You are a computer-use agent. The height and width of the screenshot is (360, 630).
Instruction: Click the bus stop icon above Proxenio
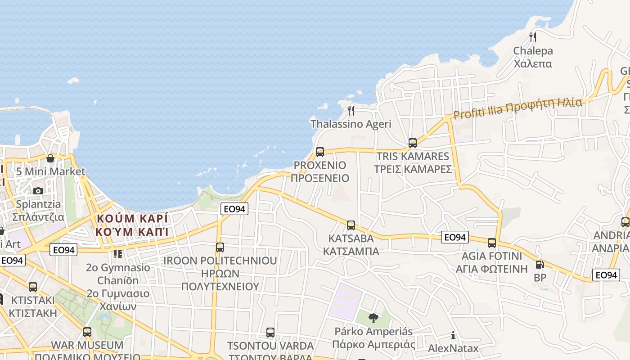(320, 152)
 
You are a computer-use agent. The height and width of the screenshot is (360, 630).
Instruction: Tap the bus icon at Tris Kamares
(413, 143)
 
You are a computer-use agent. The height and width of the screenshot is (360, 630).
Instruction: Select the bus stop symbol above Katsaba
(351, 225)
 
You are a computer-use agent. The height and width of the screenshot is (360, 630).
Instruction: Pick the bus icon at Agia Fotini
(492, 243)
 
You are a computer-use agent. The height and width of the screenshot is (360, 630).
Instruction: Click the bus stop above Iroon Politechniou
(220, 247)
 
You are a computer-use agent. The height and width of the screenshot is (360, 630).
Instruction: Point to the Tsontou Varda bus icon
(270, 333)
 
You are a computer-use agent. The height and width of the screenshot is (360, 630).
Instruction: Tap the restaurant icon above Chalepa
(533, 37)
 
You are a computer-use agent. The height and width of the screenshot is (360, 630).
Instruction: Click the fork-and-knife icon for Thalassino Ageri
(351, 110)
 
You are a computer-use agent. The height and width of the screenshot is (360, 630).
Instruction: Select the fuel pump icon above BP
(540, 265)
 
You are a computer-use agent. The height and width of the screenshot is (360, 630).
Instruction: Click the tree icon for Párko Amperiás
(373, 319)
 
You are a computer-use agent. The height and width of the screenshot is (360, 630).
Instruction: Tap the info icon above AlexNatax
(453, 335)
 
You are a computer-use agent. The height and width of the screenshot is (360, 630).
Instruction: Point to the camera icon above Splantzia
(38, 191)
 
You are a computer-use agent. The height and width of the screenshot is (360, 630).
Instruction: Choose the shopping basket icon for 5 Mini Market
(50, 158)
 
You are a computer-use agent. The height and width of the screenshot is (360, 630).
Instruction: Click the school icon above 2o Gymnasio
(118, 254)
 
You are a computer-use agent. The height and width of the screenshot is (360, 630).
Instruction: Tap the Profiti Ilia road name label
(517, 108)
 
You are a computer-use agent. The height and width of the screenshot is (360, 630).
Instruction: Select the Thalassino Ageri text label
(351, 124)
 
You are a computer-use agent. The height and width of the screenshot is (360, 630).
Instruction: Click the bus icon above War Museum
(87, 332)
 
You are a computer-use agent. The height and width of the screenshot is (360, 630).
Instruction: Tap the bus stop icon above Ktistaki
(33, 287)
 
